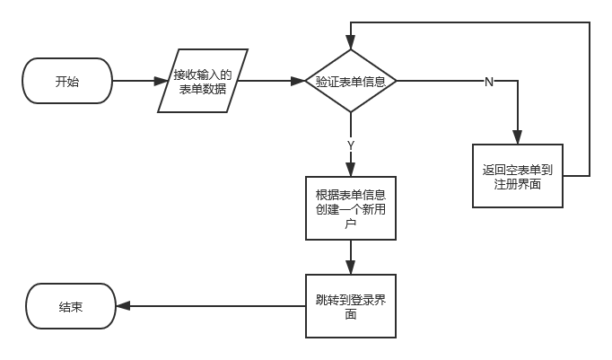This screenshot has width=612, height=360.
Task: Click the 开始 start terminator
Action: tap(67, 82)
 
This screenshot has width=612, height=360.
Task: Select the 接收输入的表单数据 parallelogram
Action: tap(203, 82)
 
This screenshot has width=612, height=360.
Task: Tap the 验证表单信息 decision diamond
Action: tap(350, 82)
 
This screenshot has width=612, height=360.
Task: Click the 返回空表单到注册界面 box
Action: tap(517, 176)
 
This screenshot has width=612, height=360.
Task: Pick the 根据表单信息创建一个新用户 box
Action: tap(350, 207)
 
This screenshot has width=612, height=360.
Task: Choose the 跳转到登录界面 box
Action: tap(350, 306)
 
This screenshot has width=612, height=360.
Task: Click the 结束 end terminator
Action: tap(71, 306)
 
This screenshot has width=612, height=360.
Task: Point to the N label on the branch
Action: tap(488, 82)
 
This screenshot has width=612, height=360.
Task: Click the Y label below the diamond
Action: tap(350, 144)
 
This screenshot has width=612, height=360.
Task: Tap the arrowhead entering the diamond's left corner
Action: tap(299, 82)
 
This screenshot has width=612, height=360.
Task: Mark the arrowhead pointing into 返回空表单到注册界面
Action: tap(517, 138)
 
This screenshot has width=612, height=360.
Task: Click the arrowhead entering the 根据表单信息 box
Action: tap(350, 169)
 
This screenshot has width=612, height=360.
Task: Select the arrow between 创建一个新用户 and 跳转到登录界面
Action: tap(350, 257)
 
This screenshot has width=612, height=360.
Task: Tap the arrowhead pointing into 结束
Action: tap(123, 306)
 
